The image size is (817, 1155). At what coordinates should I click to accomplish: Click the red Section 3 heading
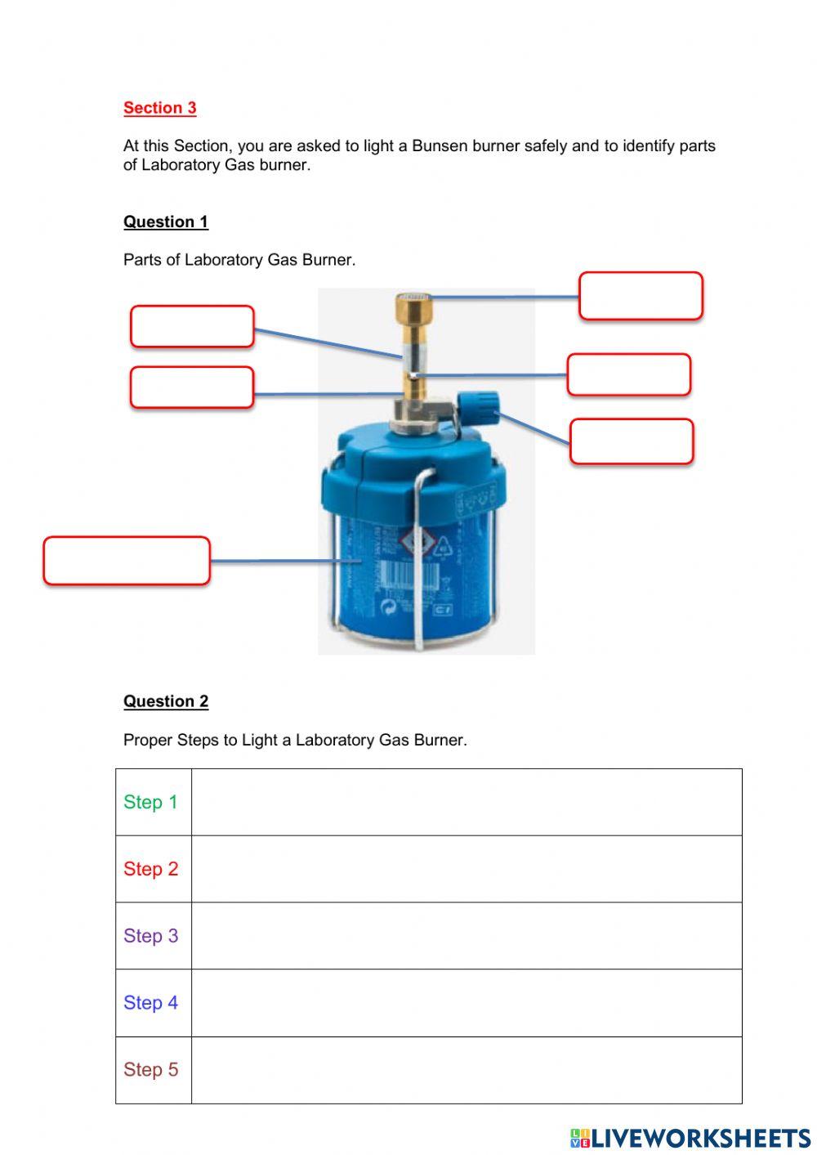(x=159, y=108)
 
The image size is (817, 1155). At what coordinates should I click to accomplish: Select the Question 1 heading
(x=166, y=222)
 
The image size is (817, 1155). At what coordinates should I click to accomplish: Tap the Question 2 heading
(x=166, y=701)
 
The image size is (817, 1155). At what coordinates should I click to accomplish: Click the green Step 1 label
(x=150, y=802)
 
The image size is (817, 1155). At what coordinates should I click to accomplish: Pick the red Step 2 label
(x=150, y=869)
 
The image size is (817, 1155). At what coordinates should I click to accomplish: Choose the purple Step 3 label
(x=150, y=936)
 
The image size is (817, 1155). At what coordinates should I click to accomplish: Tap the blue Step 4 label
(x=150, y=1003)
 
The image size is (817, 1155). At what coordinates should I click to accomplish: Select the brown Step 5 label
(x=150, y=1070)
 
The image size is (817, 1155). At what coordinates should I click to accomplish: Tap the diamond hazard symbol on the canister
(x=417, y=539)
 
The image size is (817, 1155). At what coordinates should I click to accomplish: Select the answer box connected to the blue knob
(x=631, y=441)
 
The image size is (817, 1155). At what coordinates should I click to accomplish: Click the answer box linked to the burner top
(x=641, y=296)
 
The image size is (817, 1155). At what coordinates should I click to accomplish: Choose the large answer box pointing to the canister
(x=127, y=561)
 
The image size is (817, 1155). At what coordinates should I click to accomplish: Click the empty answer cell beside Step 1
(x=466, y=802)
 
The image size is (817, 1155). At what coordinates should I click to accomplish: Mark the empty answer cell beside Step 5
(x=466, y=1070)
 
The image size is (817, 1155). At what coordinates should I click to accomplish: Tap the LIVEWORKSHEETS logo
(x=690, y=1139)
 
